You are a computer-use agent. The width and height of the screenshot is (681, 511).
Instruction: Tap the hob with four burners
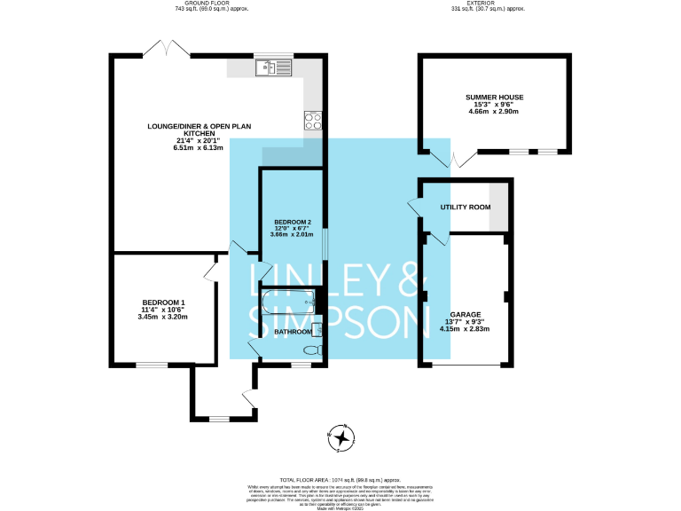click(x=313, y=119)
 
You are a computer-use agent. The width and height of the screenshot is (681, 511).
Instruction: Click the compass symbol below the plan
click(x=340, y=436)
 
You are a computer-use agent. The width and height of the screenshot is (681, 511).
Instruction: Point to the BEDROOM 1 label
click(x=162, y=303)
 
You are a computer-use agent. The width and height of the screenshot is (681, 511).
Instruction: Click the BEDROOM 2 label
click(x=293, y=222)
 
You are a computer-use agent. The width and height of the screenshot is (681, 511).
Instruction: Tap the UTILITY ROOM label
click(x=466, y=207)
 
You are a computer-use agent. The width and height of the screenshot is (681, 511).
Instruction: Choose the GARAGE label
click(x=465, y=314)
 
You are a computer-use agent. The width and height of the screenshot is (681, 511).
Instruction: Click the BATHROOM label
click(x=293, y=332)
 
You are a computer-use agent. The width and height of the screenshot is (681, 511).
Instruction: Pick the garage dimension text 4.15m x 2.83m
click(x=465, y=329)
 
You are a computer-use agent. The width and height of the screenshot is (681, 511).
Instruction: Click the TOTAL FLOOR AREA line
click(x=341, y=477)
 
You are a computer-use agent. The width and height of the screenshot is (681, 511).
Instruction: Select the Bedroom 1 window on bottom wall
click(x=151, y=365)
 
